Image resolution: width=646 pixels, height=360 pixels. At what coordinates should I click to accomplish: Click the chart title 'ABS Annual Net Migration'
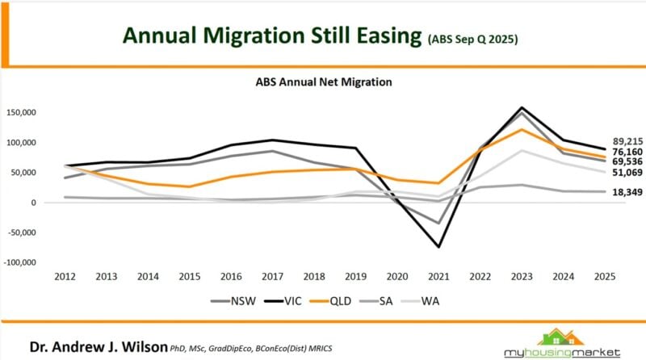323,82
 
